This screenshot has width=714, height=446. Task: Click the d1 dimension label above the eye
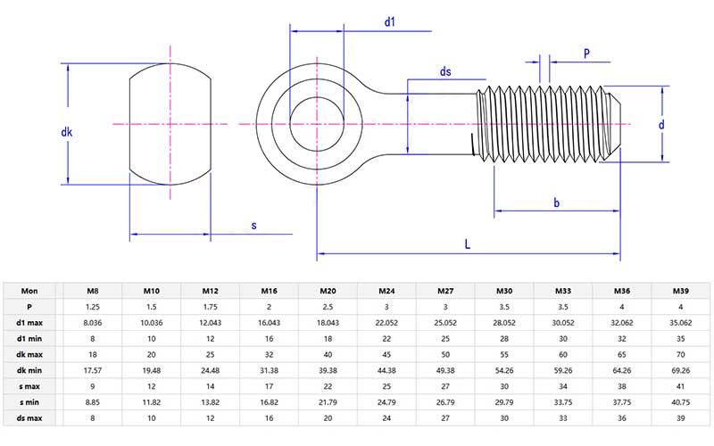point(390,21)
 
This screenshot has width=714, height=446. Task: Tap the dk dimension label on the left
point(66,132)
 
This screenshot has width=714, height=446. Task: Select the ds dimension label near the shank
point(445,71)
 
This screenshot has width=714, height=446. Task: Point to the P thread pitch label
point(586,54)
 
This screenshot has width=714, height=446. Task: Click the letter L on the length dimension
point(468,243)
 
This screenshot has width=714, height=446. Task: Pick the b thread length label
point(556,203)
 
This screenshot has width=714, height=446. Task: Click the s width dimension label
point(253,226)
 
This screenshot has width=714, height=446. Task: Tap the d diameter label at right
point(661,125)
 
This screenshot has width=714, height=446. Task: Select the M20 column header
point(328,291)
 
